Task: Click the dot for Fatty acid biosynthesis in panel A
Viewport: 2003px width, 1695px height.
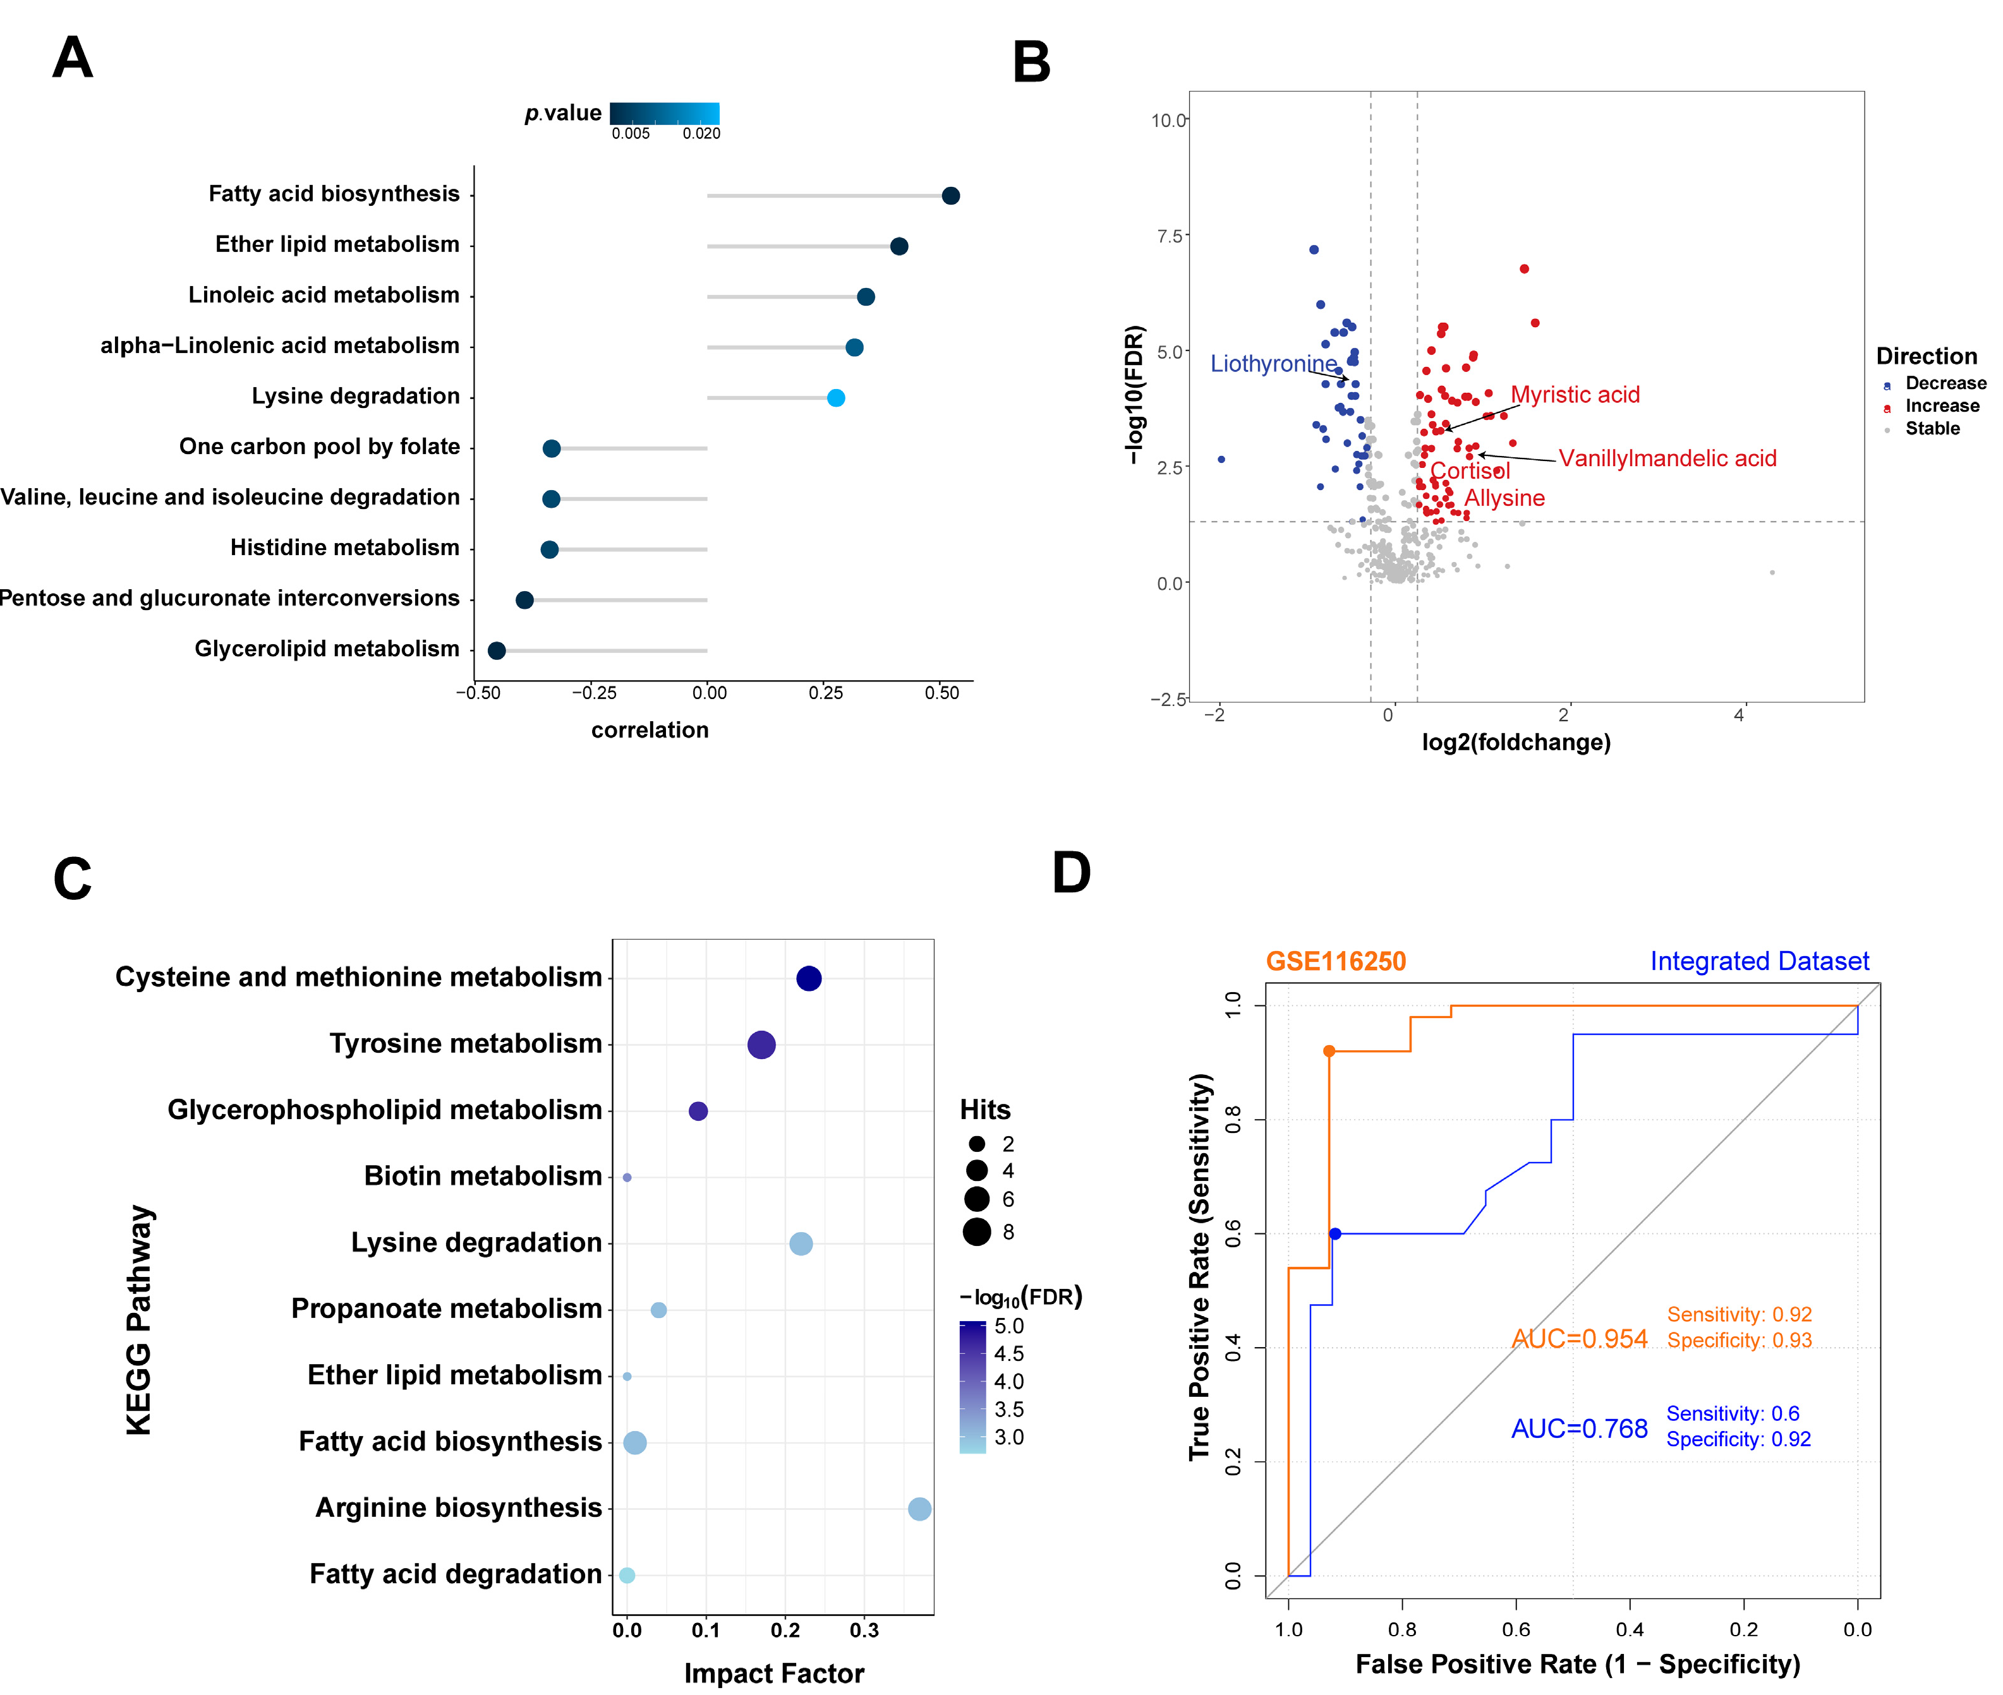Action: point(950,196)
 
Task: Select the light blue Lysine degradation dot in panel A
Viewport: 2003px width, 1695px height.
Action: point(835,398)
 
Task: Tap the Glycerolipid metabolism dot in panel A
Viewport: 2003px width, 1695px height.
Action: point(497,650)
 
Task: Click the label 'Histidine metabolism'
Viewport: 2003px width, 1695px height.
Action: point(344,548)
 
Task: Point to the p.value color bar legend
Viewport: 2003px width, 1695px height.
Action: point(664,114)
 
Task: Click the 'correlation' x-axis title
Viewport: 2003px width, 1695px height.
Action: point(650,730)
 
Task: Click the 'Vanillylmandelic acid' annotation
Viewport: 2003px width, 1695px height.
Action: point(1667,458)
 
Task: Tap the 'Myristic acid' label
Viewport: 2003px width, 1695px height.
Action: point(1575,394)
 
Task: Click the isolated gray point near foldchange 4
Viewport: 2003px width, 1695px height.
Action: point(1771,573)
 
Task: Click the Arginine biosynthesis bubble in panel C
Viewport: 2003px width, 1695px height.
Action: point(919,1509)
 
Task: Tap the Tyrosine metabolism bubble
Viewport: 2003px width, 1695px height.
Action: point(761,1045)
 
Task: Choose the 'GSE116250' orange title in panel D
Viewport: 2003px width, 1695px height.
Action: point(1335,961)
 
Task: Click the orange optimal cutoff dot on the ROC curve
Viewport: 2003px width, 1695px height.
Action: point(1329,1051)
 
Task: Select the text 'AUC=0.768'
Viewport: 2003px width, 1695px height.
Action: point(1579,1429)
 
